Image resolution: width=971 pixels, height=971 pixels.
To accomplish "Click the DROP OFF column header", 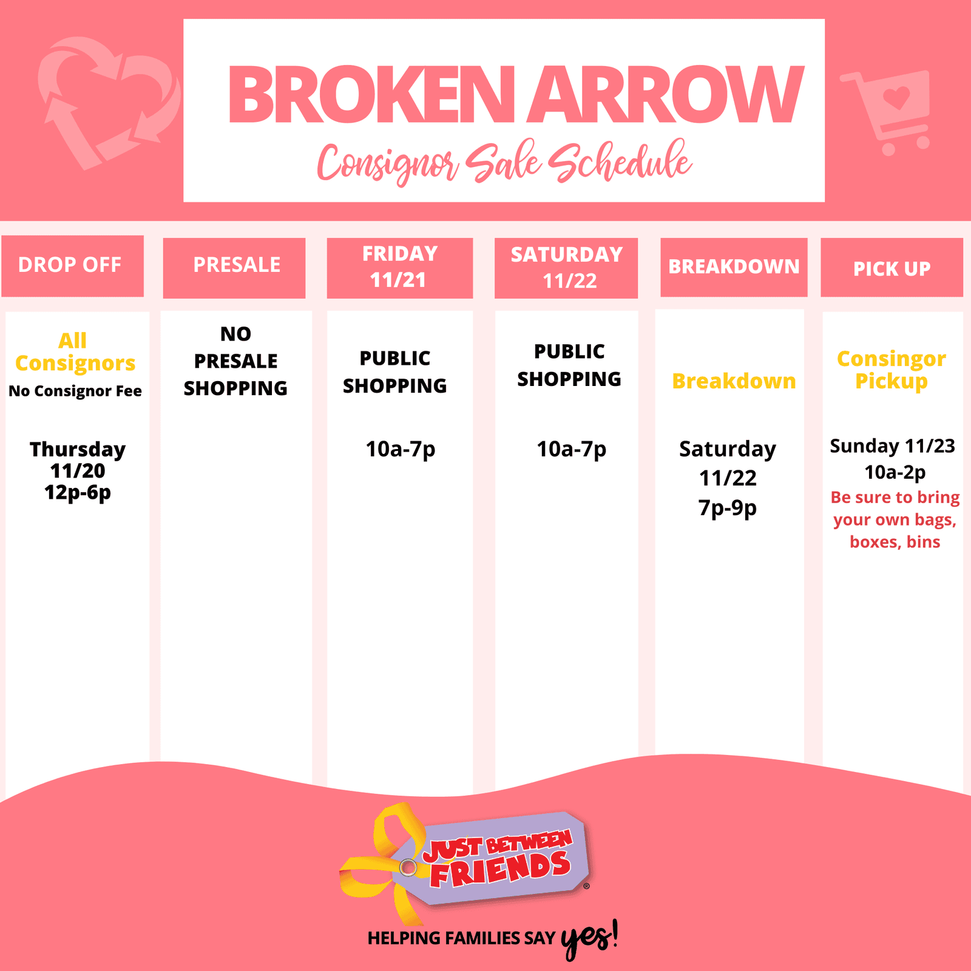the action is pyautogui.click(x=72, y=266).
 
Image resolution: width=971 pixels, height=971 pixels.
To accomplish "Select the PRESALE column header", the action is pyautogui.click(x=234, y=268).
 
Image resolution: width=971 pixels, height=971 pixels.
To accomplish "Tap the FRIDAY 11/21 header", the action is pyautogui.click(x=400, y=268).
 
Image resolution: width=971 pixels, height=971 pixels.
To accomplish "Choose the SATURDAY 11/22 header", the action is pyautogui.click(x=566, y=268).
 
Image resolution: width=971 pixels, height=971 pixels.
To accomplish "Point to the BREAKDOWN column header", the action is pyautogui.click(x=734, y=267).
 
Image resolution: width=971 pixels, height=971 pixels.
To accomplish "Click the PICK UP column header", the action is pyautogui.click(x=891, y=267).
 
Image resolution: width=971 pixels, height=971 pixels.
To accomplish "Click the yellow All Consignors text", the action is pyautogui.click(x=75, y=351).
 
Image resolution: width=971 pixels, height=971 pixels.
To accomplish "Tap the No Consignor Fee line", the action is pyautogui.click(x=75, y=391).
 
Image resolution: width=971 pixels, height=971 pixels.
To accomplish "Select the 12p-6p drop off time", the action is pyautogui.click(x=78, y=492).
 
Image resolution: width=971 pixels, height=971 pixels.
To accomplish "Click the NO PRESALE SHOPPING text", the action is pyautogui.click(x=235, y=361).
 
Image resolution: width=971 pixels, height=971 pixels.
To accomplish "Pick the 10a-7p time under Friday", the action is pyautogui.click(x=401, y=450).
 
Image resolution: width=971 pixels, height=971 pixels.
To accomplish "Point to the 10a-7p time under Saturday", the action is pyautogui.click(x=572, y=450).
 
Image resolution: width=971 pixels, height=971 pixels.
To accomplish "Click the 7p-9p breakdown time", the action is pyautogui.click(x=728, y=508).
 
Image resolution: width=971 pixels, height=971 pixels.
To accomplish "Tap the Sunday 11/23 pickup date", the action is pyautogui.click(x=893, y=446).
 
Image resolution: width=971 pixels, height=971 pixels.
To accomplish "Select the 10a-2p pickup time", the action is pyautogui.click(x=895, y=472).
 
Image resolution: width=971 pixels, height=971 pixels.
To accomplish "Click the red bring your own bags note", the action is pyautogui.click(x=895, y=519).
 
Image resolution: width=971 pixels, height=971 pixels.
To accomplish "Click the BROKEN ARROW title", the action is pyautogui.click(x=516, y=95).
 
